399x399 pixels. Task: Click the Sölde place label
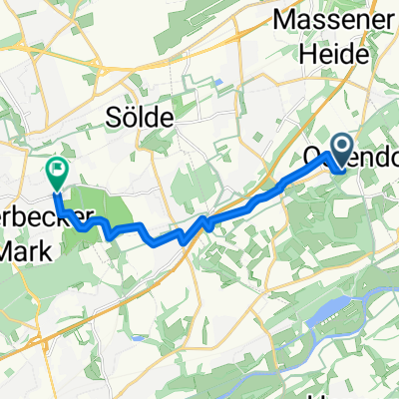139,118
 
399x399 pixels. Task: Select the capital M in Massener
277,19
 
